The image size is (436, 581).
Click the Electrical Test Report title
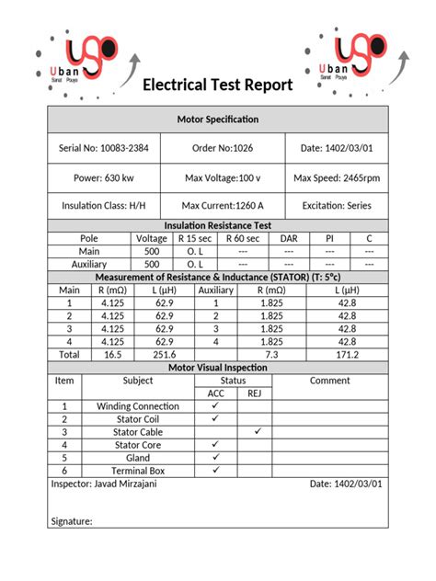(x=217, y=85)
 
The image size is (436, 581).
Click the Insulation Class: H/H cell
(x=103, y=206)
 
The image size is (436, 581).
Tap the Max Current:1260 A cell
(x=223, y=206)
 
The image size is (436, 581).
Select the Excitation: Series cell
(x=337, y=206)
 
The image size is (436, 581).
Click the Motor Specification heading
(x=217, y=120)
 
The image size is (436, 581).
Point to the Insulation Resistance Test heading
(x=217, y=225)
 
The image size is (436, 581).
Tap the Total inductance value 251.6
(x=164, y=354)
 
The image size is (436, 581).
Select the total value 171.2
(x=347, y=354)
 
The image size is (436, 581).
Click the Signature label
(x=70, y=521)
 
